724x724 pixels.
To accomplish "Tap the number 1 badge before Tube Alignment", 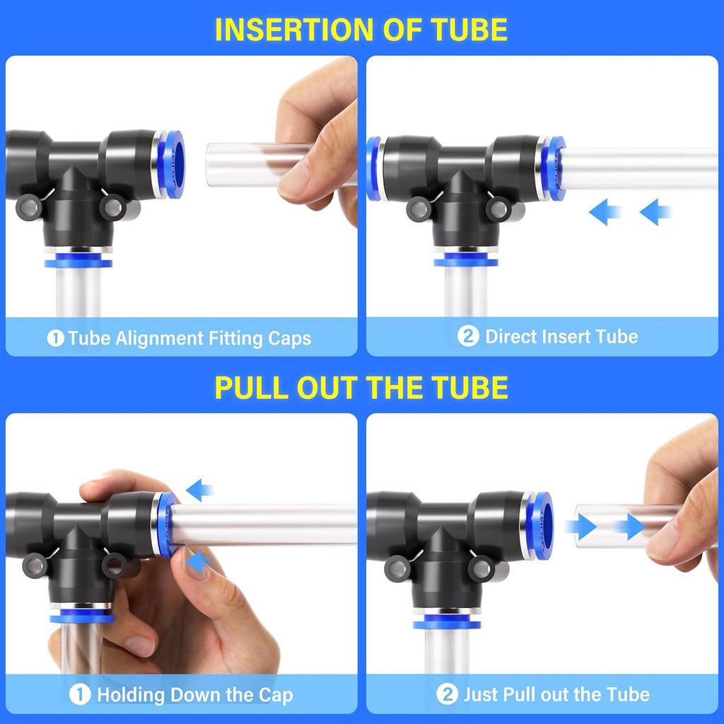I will click(x=56, y=339).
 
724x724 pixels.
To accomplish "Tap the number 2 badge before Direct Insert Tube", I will click(x=467, y=337).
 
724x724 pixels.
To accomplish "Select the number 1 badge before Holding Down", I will click(x=81, y=694).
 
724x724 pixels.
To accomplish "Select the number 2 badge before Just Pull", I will click(x=447, y=694).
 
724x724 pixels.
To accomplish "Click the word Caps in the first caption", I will click(x=289, y=339).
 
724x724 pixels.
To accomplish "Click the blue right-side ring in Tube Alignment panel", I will click(x=173, y=164).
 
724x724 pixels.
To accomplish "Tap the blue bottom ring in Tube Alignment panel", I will click(x=78, y=263).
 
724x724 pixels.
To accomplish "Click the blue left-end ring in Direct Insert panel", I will click(x=373, y=169).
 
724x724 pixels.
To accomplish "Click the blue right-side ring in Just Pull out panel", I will click(x=543, y=526).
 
